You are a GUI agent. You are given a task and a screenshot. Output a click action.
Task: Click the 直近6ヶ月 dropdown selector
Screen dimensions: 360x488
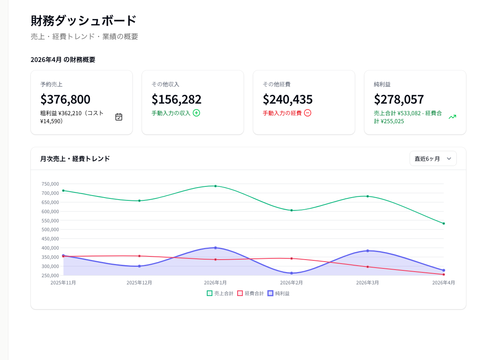click(x=433, y=158)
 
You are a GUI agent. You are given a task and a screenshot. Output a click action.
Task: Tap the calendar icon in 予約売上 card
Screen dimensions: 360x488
click(x=119, y=117)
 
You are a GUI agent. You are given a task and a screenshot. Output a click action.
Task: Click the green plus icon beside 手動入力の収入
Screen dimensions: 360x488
click(x=196, y=113)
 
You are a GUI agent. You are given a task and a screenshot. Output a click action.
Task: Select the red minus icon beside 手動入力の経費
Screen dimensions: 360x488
click(x=308, y=113)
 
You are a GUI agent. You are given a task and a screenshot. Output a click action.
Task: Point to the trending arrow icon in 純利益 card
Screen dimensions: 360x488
click(x=452, y=117)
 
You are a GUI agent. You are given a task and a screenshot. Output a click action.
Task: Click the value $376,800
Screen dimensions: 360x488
click(x=65, y=99)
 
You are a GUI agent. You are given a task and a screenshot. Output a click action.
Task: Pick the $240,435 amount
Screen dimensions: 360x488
click(x=288, y=99)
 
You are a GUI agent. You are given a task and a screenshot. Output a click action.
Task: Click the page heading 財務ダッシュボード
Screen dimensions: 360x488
click(x=84, y=20)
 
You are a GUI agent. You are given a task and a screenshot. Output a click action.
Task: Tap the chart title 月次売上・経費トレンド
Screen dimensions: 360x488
click(x=75, y=159)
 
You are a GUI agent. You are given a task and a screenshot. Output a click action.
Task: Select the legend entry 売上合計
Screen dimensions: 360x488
click(x=220, y=293)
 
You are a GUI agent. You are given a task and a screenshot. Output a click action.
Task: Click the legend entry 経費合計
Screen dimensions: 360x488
click(x=250, y=293)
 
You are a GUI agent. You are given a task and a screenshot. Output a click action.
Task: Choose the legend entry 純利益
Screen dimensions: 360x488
click(x=278, y=293)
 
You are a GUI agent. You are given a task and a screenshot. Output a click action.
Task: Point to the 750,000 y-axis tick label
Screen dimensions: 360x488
click(x=50, y=184)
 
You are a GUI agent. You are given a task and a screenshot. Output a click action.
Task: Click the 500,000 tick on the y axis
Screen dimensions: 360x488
click(x=50, y=230)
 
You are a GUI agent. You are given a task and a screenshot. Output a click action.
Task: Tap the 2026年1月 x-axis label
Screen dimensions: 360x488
click(x=215, y=282)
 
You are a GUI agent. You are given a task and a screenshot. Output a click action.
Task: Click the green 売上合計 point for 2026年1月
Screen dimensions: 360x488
click(x=215, y=186)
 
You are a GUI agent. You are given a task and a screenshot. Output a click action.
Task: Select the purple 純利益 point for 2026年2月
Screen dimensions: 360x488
click(x=292, y=273)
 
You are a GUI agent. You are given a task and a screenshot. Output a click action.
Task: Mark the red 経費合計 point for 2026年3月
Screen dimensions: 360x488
click(x=368, y=267)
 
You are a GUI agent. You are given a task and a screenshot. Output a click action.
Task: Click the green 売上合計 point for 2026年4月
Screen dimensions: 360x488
click(x=444, y=224)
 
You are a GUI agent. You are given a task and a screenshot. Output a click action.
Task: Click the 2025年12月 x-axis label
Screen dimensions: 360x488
click(x=139, y=282)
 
